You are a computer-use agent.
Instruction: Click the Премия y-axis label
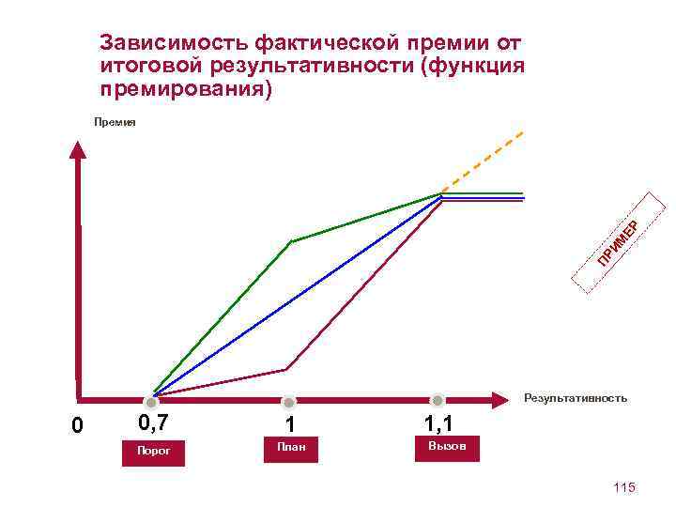(x=115, y=122)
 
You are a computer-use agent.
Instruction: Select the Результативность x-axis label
(x=576, y=398)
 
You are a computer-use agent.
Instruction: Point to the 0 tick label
(x=78, y=426)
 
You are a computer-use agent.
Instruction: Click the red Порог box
(x=154, y=451)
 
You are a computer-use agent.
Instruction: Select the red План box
(x=292, y=449)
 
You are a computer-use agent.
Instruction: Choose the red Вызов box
(x=447, y=446)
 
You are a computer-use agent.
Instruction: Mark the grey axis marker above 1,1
(x=437, y=401)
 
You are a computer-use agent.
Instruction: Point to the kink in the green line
(x=291, y=241)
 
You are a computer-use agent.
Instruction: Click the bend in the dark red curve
(x=285, y=369)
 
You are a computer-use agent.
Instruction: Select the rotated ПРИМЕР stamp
(x=619, y=241)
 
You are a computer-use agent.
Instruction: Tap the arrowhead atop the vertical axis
(x=78, y=150)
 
